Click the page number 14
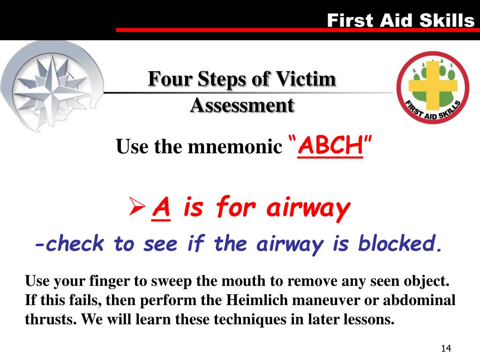[445, 348]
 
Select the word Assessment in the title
[242, 105]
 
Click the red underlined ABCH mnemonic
[330, 147]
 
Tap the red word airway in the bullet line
[308, 208]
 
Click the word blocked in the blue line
[400, 244]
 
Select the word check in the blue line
[75, 244]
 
